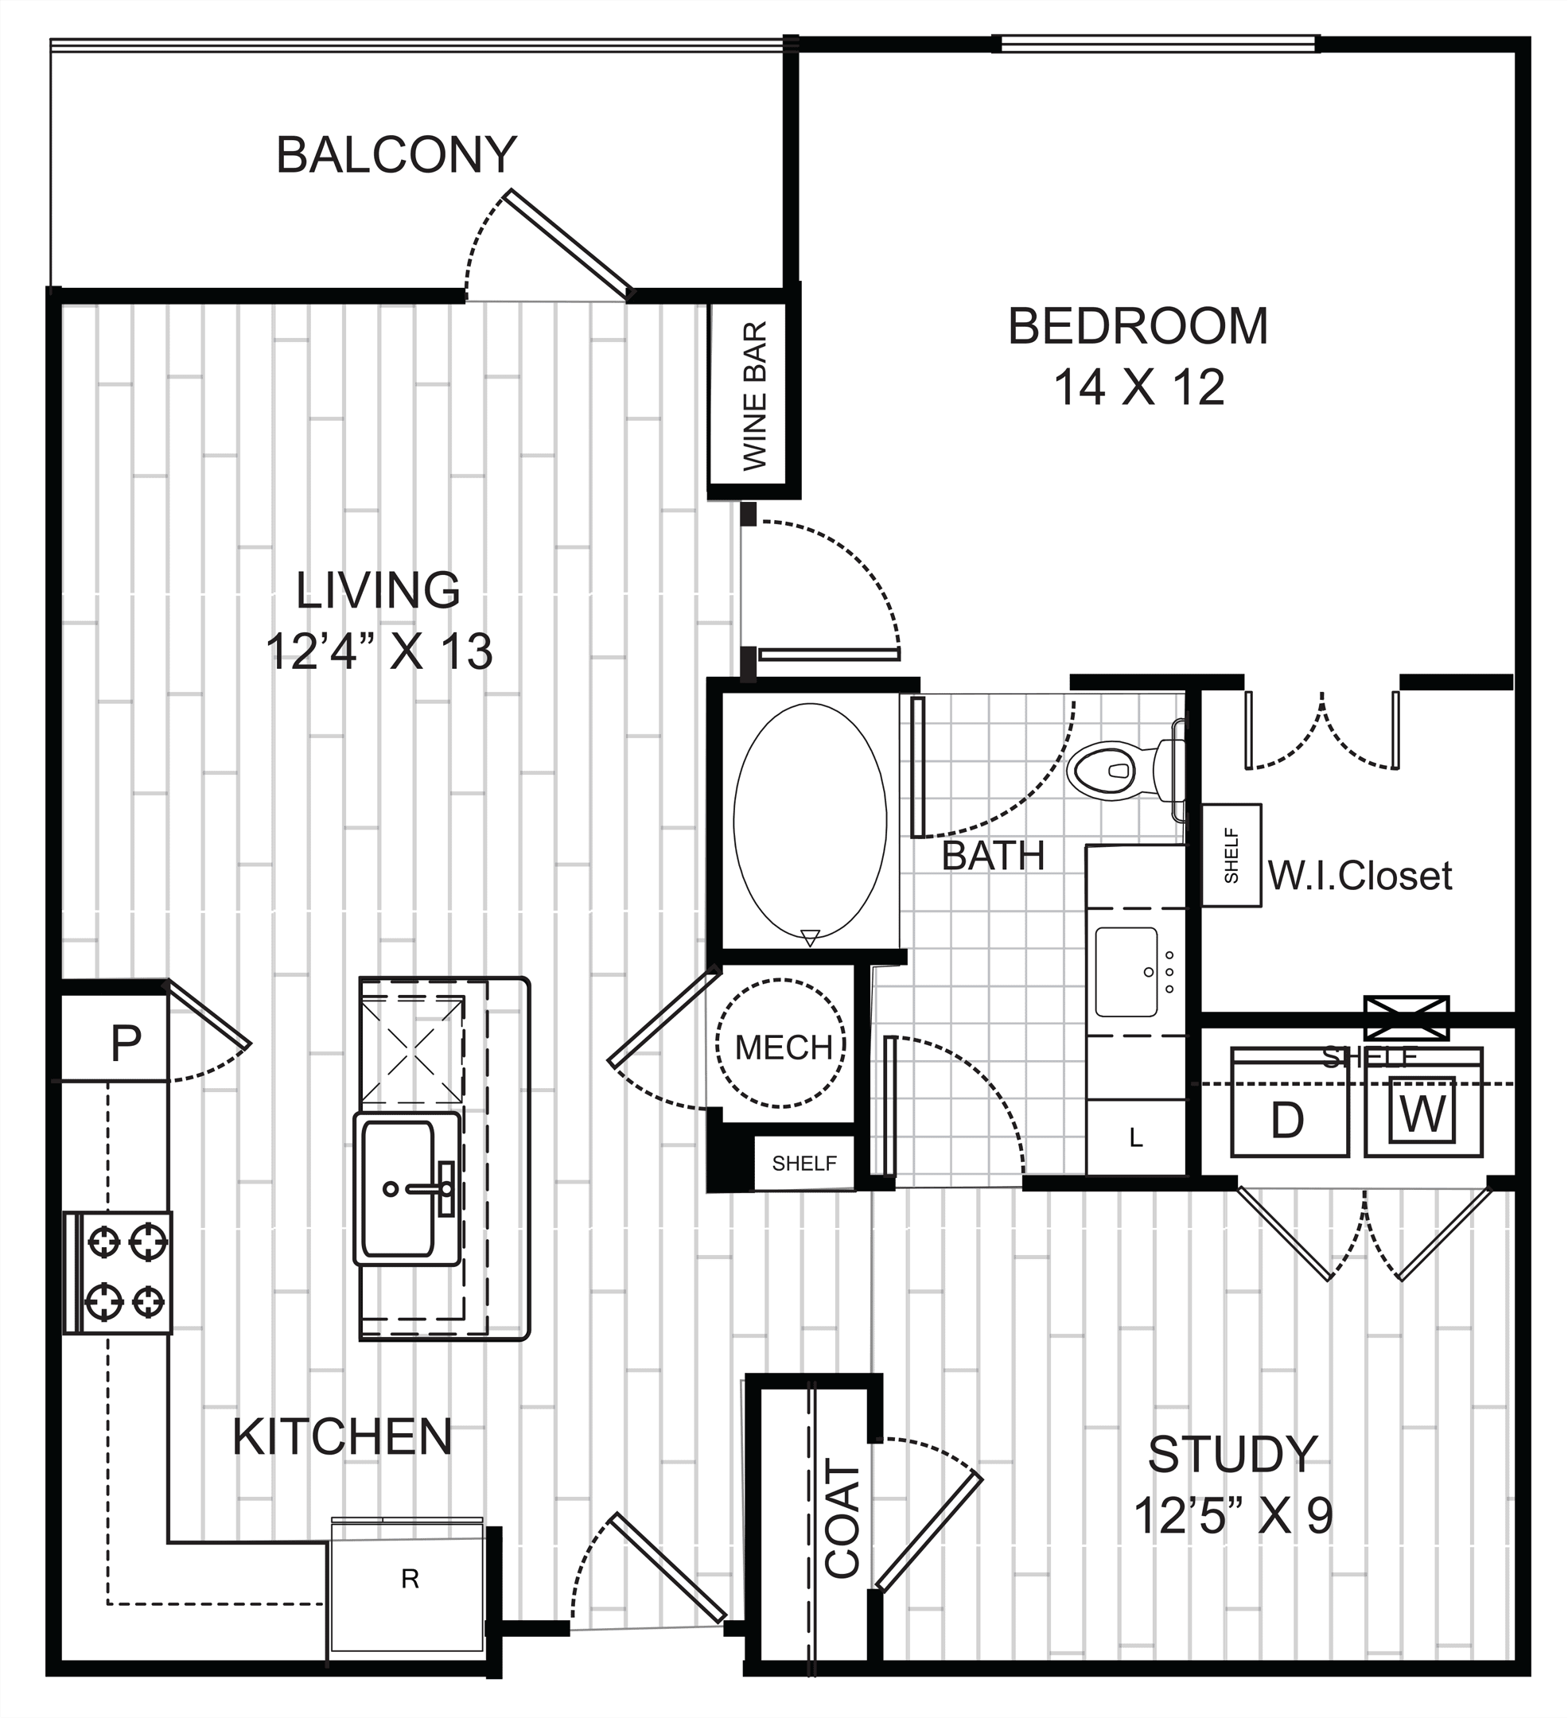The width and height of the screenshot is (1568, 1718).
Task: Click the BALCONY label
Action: pyautogui.click(x=396, y=154)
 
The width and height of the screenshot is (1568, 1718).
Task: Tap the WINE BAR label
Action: pyautogui.click(x=755, y=395)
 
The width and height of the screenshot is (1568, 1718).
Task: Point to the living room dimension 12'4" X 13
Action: pyautogui.click(x=379, y=651)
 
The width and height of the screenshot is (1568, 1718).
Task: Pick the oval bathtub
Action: pyautogui.click(x=810, y=822)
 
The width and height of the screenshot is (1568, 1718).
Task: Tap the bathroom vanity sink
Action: pyautogui.click(x=1126, y=971)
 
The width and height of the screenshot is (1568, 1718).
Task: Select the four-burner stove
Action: pyautogui.click(x=119, y=1272)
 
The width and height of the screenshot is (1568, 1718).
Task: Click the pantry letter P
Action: pyautogui.click(x=126, y=1041)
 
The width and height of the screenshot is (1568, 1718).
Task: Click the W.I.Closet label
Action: pyautogui.click(x=1360, y=875)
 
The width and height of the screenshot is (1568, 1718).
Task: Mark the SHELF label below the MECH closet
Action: pyautogui.click(x=803, y=1163)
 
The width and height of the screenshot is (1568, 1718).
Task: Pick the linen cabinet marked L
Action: pyautogui.click(x=1136, y=1137)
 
